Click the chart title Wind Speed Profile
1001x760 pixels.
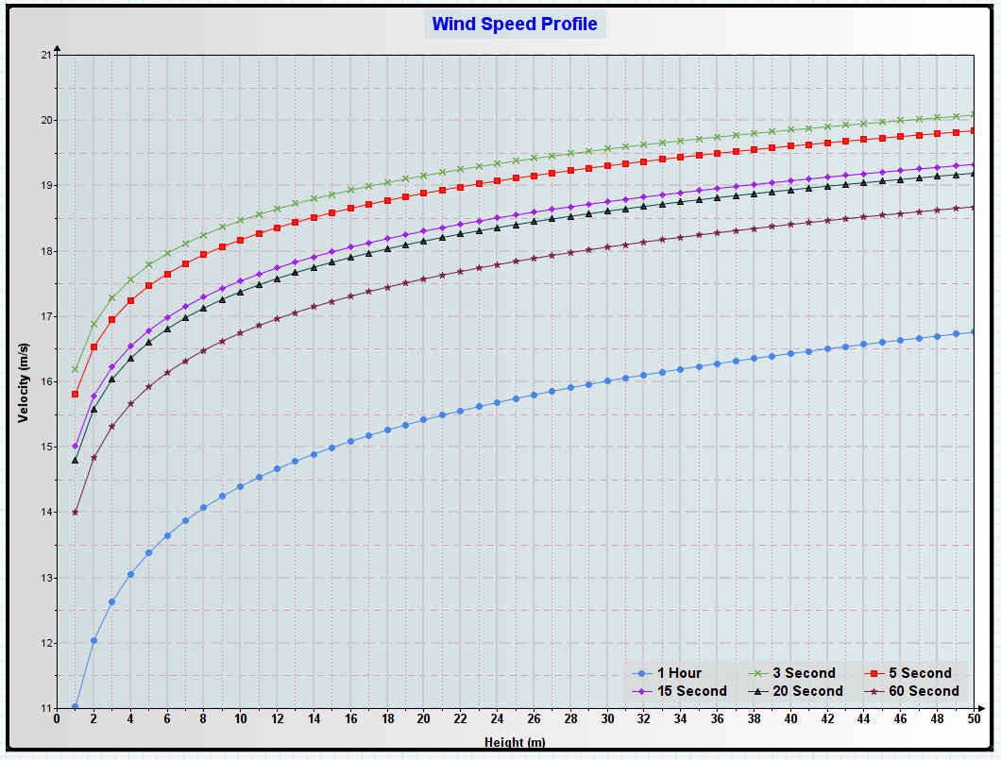[515, 25]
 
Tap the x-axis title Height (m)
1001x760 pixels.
[515, 743]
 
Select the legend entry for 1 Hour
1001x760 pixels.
[679, 673]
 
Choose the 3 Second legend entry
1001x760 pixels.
[804, 673]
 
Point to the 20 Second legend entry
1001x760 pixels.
[806, 691]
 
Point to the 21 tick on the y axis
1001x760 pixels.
[44, 55]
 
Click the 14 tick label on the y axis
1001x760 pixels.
[44, 513]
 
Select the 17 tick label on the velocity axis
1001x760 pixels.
[44, 316]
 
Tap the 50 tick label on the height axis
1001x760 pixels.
[973, 720]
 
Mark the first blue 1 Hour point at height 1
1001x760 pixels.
[75, 707]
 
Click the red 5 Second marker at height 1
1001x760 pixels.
[75, 394]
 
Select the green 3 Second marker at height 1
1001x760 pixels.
[75, 369]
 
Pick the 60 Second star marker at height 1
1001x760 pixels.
[75, 513]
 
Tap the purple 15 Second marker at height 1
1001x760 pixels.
[75, 446]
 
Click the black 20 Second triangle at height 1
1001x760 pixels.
[75, 460]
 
